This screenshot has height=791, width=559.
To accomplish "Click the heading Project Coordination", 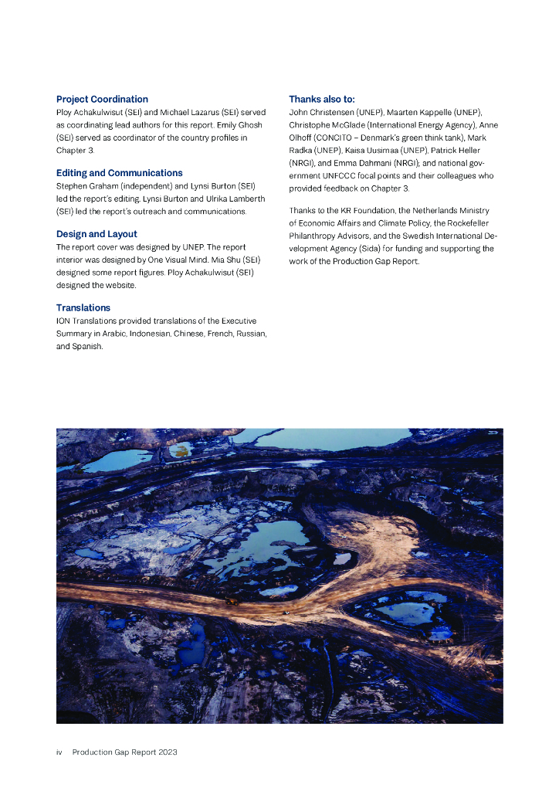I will point(102,100).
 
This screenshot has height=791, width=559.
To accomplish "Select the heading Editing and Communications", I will point(119,173).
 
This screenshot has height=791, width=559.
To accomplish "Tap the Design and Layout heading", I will point(97,234).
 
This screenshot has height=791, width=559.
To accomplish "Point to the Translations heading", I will point(83,307).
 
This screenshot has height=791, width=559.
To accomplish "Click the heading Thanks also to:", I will point(321,100).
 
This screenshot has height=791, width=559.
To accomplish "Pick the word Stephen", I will point(73,186).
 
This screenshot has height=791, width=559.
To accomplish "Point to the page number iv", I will point(59,752).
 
